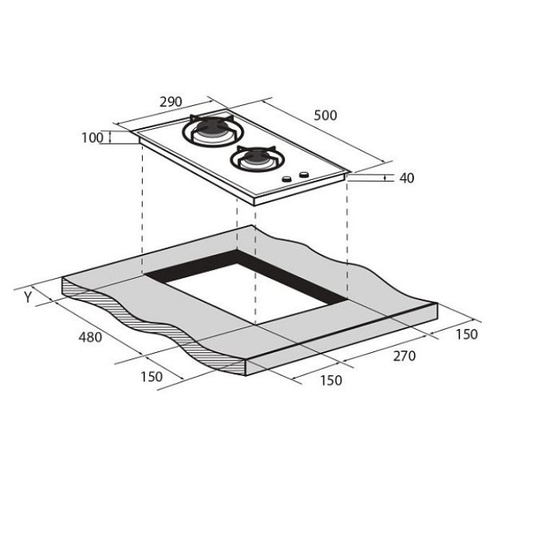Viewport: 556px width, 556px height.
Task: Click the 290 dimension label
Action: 171,102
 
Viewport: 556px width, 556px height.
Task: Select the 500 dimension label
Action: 325,115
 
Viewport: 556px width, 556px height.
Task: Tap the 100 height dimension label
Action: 92,137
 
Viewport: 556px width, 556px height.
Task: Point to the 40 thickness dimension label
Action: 407,178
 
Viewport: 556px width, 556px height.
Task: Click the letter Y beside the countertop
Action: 28,297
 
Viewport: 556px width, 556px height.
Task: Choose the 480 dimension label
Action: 90,337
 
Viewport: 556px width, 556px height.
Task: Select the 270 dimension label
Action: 404,356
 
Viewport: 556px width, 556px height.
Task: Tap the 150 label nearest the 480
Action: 152,377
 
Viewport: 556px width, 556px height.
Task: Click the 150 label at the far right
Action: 466,334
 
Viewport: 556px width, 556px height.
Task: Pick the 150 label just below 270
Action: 331,380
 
